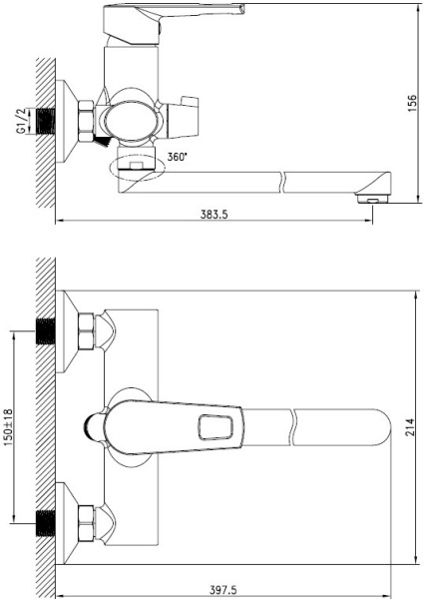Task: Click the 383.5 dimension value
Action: [x=213, y=215]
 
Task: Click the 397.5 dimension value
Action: [x=222, y=590]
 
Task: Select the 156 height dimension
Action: [x=413, y=103]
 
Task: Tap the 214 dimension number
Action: [x=409, y=427]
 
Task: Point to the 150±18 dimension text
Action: [x=8, y=427]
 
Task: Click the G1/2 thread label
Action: [x=21, y=121]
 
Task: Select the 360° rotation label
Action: [x=178, y=157]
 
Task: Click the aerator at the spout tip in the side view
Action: [x=371, y=199]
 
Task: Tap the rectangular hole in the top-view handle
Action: [x=215, y=427]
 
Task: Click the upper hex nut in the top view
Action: [x=86, y=331]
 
